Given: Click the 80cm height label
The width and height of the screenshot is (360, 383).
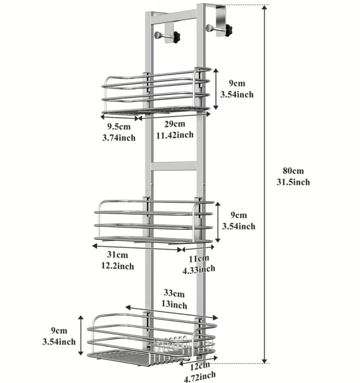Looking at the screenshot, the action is click(x=293, y=171).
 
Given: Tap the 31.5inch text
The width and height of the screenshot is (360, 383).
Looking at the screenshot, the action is click(x=293, y=182).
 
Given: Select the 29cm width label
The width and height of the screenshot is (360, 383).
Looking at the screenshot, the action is click(x=175, y=124).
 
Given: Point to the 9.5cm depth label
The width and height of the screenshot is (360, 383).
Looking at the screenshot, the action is click(x=119, y=126).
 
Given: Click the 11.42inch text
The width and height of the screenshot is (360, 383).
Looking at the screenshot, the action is click(x=175, y=135).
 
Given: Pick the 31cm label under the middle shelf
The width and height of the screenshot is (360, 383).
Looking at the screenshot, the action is click(x=117, y=255).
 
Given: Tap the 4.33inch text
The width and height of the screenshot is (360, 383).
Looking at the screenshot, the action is click(x=199, y=269).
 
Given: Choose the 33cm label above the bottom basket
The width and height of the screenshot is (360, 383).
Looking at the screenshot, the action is click(x=174, y=293).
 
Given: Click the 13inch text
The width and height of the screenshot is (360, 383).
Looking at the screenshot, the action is click(x=174, y=305).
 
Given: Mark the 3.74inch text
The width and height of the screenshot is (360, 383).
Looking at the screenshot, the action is click(x=119, y=138).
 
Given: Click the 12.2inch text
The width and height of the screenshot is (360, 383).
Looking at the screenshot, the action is click(x=118, y=266).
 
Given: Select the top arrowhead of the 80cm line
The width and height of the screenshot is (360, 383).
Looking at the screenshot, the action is click(x=265, y=7).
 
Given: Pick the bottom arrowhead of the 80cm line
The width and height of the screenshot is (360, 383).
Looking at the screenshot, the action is click(x=265, y=361).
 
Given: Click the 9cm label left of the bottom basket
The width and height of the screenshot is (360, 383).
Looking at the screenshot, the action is click(x=59, y=331).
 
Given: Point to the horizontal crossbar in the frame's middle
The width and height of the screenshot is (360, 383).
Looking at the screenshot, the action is click(x=174, y=166).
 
